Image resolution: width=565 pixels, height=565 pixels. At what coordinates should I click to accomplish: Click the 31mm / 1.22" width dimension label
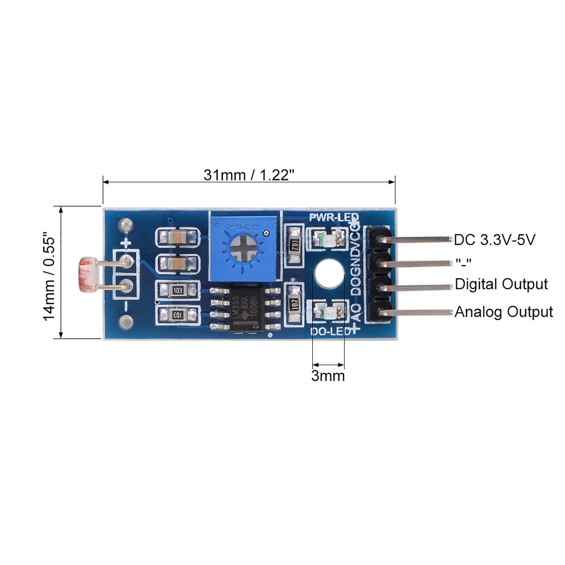[249, 175]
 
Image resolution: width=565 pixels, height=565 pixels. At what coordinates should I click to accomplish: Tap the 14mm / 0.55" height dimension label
[49, 276]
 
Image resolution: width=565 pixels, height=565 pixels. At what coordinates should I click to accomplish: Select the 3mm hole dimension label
[328, 376]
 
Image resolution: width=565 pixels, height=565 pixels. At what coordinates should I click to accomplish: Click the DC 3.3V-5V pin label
[494, 240]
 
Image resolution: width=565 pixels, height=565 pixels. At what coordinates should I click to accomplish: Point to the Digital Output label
[501, 284]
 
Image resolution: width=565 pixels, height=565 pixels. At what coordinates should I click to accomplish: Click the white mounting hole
[329, 273]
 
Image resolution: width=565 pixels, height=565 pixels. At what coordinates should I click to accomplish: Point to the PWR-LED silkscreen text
[334, 217]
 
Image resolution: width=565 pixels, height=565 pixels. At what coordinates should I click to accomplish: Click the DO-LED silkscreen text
[331, 332]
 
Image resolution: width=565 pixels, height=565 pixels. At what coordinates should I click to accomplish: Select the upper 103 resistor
[177, 290]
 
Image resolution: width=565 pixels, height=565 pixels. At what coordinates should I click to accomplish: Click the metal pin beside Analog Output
[415, 313]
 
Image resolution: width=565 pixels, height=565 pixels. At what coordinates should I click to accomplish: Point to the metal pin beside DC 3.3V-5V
[415, 240]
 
